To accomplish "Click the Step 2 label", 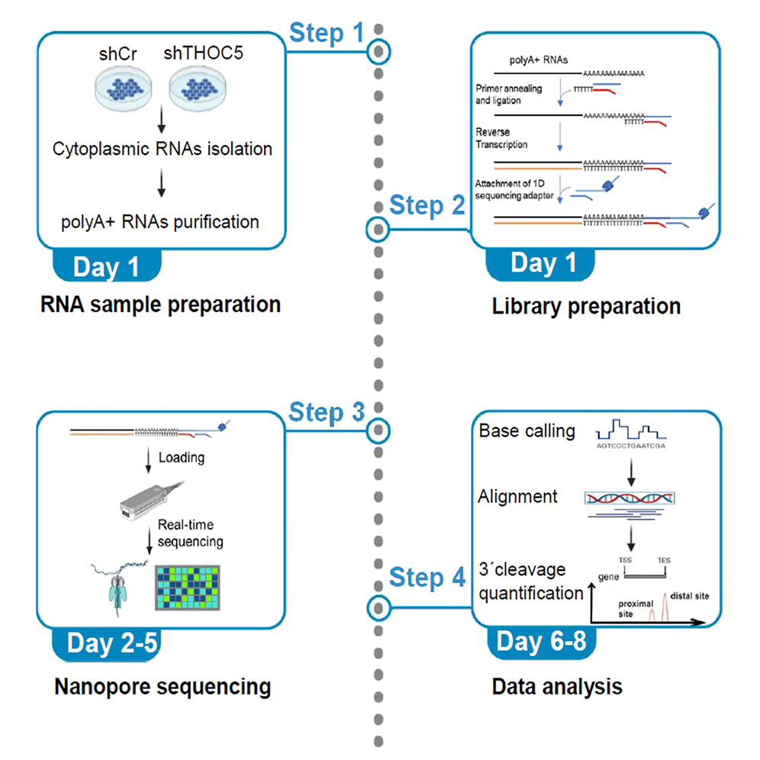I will click(427, 206).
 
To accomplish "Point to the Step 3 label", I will click(326, 413).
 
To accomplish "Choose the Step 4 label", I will click(427, 578).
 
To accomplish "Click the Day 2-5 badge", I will click(111, 643).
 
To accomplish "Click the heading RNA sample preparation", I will click(160, 305).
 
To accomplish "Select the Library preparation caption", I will click(586, 307).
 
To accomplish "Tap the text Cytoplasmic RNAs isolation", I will click(163, 149).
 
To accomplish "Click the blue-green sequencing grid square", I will click(190, 587).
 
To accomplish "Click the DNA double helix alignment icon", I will click(630, 499).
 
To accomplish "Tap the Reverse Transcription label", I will click(501, 137).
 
